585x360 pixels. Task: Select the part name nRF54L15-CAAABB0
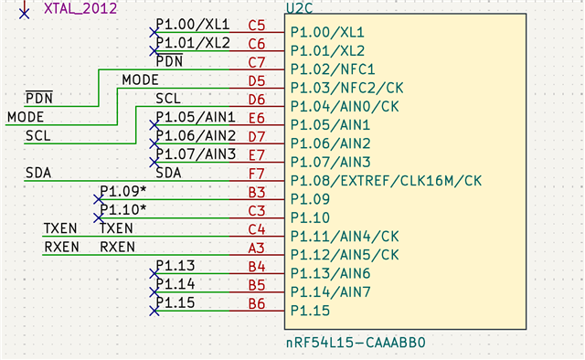356,344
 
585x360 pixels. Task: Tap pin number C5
256,25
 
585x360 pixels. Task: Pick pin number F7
256,173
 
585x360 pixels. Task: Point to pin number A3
256,247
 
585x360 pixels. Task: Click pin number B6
256,303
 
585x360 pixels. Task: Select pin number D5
256,80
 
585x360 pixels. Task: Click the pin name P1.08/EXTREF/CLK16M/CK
386,181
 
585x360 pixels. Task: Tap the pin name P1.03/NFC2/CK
346,88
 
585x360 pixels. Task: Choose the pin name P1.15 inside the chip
312,312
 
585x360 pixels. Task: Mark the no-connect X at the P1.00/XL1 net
154,32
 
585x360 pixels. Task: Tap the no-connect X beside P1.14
154,292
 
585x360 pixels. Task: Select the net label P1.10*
122,210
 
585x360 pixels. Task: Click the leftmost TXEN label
60,228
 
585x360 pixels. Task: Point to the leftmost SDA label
37,172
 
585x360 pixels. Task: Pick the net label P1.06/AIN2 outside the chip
196,135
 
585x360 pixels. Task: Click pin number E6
256,118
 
